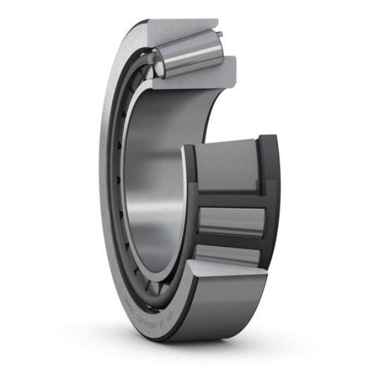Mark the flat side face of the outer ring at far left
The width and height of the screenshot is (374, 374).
click(106, 176)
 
